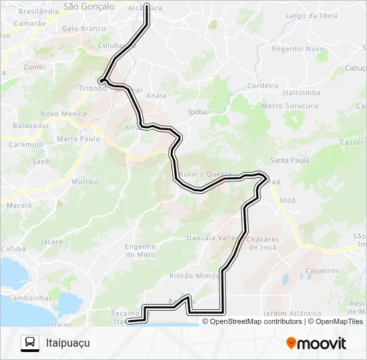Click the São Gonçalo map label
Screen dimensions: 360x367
(x=88, y=6)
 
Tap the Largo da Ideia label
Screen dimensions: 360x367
(x=311, y=15)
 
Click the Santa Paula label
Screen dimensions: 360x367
(x=289, y=160)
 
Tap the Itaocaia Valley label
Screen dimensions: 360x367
(x=212, y=237)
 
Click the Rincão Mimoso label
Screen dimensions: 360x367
(x=195, y=275)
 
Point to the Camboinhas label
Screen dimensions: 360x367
(x=29, y=297)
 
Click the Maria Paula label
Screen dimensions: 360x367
(x=78, y=139)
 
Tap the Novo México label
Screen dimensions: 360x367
(x=63, y=114)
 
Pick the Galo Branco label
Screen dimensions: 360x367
(x=83, y=29)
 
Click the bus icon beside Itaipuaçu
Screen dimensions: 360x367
(x=30, y=343)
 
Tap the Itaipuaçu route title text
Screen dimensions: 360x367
(x=67, y=343)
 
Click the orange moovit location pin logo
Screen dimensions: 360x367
(x=291, y=343)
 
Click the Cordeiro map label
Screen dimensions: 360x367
(x=262, y=86)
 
